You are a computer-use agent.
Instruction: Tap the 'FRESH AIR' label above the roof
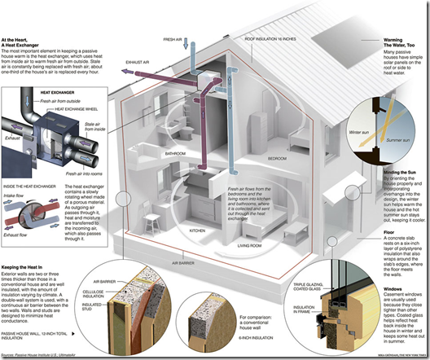coord(173,38)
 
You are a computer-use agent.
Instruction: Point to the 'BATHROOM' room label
coord(175,152)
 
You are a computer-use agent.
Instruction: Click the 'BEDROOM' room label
coord(278,157)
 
